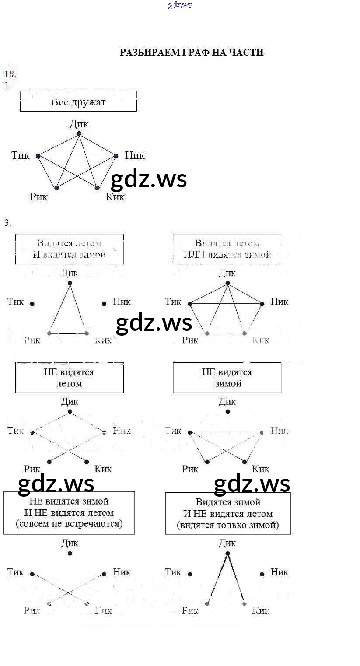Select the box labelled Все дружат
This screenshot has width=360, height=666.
point(78,102)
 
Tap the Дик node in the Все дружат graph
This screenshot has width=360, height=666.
point(79,133)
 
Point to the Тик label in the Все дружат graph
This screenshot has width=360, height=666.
point(21,155)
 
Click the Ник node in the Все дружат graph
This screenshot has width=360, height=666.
point(116,156)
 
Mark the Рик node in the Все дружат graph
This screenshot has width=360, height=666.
point(56,188)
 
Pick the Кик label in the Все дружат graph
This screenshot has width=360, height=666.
point(115,197)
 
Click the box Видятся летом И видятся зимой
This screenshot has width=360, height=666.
point(69,249)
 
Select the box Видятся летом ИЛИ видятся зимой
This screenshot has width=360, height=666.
point(227,249)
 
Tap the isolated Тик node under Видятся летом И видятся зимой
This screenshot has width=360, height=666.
point(32,304)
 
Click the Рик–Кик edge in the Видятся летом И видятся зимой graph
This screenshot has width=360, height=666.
point(68,333)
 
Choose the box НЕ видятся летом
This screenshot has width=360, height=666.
point(69,378)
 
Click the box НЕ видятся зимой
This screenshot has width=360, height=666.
point(227,378)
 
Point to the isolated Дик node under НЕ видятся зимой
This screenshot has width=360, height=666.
point(227,412)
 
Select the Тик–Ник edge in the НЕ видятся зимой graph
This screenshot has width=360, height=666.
point(226,432)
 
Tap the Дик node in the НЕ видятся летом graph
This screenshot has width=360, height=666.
point(70,412)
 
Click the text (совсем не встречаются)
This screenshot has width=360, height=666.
point(69,523)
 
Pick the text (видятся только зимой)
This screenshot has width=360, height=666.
point(228,525)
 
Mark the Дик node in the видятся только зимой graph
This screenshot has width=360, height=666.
point(227,554)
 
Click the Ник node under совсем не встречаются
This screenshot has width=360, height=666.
point(104,574)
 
